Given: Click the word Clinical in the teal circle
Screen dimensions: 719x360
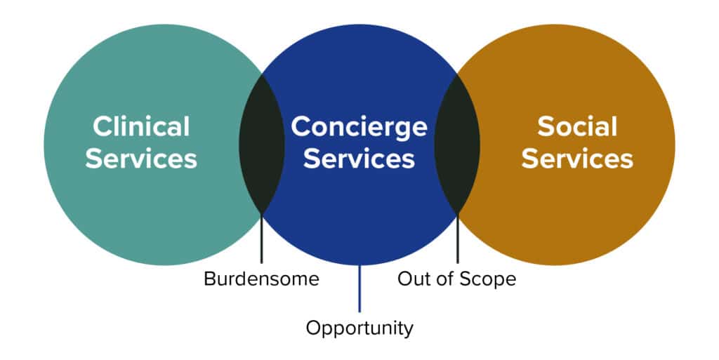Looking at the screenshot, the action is tap(141, 126).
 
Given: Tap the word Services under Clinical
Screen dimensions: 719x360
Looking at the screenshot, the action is tap(141, 159).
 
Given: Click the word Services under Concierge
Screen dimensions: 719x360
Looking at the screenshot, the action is tap(359, 159).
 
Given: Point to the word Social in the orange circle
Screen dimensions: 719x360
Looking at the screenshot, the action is tap(577, 126).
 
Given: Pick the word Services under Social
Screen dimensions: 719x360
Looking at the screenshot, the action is tap(577, 159).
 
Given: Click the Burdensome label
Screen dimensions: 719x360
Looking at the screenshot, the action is tap(261, 279).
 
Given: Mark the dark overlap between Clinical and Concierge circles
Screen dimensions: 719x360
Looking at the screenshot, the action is tap(262, 145).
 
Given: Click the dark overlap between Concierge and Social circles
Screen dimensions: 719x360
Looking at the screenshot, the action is tap(457, 145).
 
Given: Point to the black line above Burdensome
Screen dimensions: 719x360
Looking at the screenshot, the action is tap(262, 238).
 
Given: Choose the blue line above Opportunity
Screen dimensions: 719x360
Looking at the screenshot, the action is tap(359, 288).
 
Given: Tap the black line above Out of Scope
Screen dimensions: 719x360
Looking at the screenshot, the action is tap(457, 238).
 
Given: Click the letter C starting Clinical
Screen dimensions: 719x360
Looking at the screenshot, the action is tap(101, 126).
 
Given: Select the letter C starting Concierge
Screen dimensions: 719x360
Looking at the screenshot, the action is tap(300, 126).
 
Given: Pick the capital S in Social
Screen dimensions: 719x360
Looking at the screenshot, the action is tap(545, 126).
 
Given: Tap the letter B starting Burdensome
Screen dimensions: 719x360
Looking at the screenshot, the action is tap(209, 279).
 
